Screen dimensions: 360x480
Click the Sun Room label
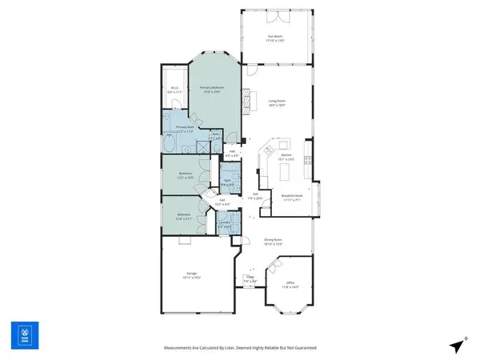(x=275, y=38)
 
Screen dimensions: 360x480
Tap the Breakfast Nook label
(x=290, y=198)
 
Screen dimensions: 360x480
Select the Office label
(x=290, y=284)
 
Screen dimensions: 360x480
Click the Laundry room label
(x=225, y=226)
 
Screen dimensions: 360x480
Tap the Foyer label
(x=250, y=279)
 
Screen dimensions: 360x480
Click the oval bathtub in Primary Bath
(x=170, y=143)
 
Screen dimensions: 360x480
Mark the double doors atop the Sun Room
(x=275, y=15)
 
